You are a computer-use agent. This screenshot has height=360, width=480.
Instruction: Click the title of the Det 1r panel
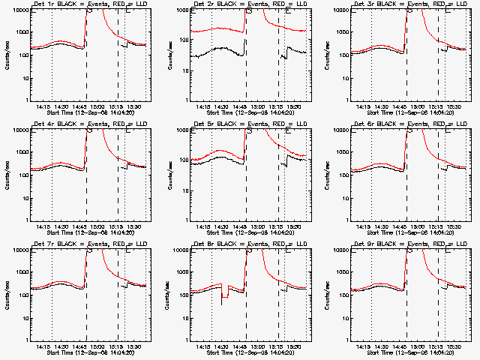point(82,4)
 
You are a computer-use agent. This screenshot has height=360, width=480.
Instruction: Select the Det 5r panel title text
point(242,123)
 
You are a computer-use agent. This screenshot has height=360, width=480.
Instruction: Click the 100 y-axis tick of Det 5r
point(181,175)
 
